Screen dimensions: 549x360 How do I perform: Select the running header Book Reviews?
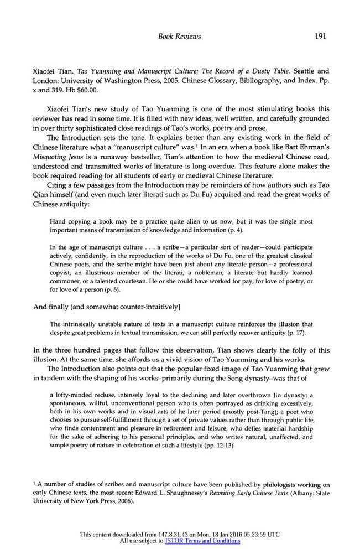(x=179, y=37)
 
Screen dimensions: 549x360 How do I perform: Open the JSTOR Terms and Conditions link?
(x=202, y=541)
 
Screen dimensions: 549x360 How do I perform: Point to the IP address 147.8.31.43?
(x=174, y=534)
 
